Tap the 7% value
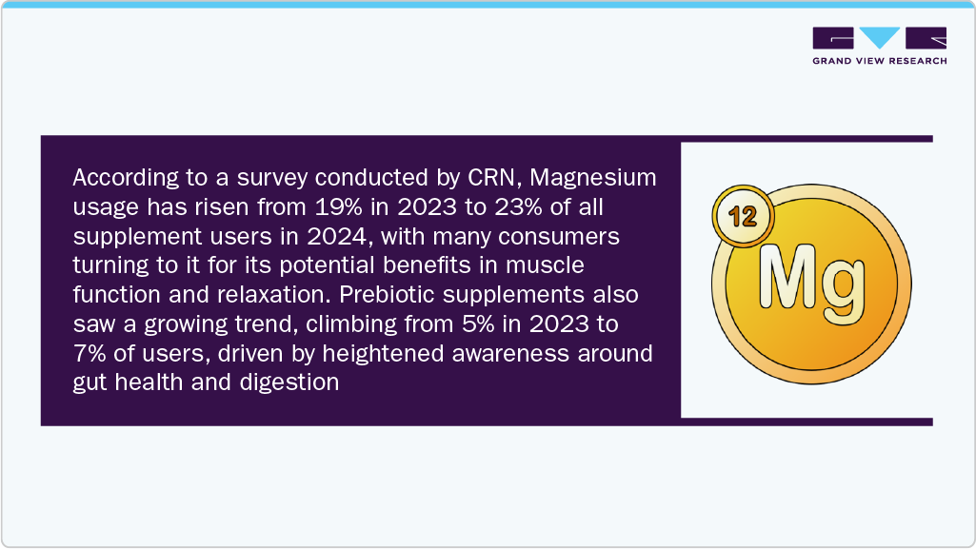click(x=88, y=354)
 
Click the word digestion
click(x=291, y=383)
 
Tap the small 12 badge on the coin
click(x=742, y=217)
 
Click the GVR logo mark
click(x=879, y=38)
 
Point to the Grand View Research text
click(x=879, y=61)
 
